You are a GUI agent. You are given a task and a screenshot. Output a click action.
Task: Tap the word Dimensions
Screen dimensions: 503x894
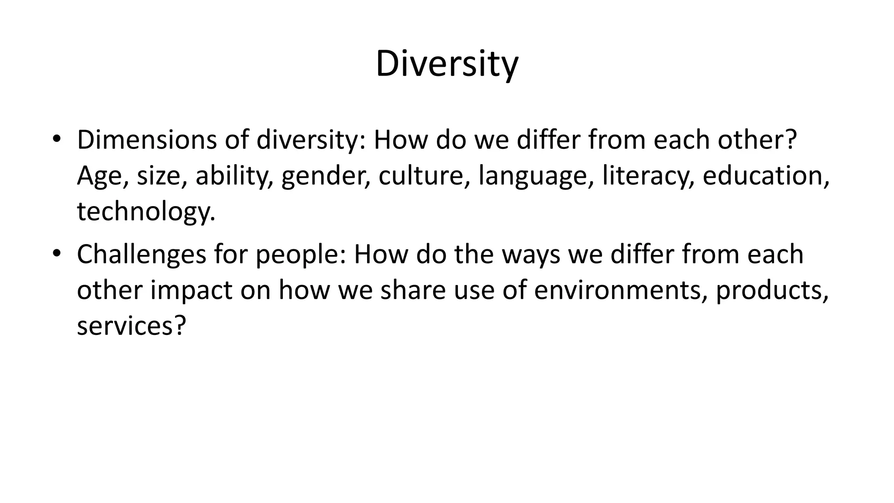[147, 140]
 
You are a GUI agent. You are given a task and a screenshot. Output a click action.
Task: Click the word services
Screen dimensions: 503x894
[131, 326]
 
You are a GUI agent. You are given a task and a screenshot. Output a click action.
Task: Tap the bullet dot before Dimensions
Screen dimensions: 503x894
[56, 139]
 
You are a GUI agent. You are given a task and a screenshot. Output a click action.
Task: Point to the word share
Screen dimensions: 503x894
[413, 290]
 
